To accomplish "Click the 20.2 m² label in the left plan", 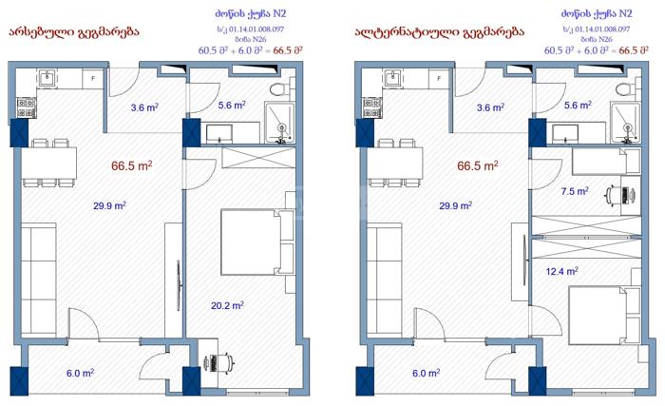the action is tap(227, 305).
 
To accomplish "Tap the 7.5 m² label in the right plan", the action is tap(575, 191).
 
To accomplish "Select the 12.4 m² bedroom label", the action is tap(562, 271).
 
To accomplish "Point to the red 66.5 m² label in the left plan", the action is tap(131, 165).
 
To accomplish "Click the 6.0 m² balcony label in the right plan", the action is tap(426, 373).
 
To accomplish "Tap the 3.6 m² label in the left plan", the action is tap(144, 107).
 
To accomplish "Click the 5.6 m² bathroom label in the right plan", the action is tap(578, 105).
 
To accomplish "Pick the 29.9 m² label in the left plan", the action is tap(109, 205).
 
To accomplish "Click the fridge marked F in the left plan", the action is tap(93, 79).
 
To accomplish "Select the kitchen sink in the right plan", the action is tap(393, 79).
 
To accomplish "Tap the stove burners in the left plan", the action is tap(26, 107).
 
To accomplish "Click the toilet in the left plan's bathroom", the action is tap(280, 89).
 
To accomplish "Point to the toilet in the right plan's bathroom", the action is tap(626, 89).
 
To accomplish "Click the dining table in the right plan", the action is tap(395, 163).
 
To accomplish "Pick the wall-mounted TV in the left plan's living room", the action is tap(179, 285).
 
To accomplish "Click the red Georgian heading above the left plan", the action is tap(74, 32).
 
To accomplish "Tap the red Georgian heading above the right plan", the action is tap(439, 32).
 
